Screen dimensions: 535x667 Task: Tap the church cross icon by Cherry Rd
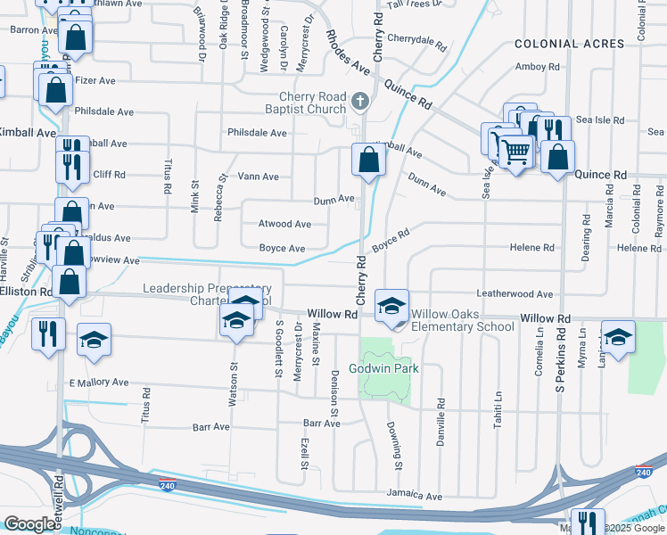pyautogui.click(x=360, y=101)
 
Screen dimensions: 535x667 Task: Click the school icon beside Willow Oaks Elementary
pyautogui.click(x=391, y=307)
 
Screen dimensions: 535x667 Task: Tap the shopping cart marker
pyautogui.click(x=515, y=152)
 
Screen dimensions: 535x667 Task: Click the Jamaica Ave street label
pyautogui.click(x=415, y=495)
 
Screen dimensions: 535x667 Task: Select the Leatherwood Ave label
pyautogui.click(x=515, y=293)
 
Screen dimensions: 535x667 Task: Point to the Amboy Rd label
pyautogui.click(x=538, y=67)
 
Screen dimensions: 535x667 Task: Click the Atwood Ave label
pyautogui.click(x=284, y=225)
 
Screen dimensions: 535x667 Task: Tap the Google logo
pyautogui.click(x=30, y=524)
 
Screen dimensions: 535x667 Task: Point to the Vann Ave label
pyautogui.click(x=259, y=177)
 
